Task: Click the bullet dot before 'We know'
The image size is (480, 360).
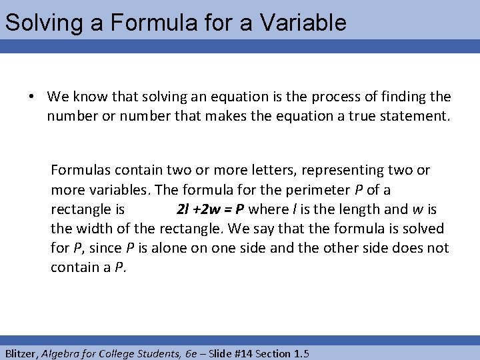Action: (x=31, y=97)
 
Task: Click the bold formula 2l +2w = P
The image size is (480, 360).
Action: (x=210, y=209)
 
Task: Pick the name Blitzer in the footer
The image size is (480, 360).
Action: (x=21, y=353)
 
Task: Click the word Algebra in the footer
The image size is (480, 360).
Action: (x=65, y=353)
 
